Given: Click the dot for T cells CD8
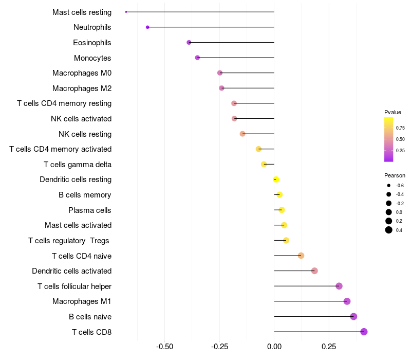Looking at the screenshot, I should [x=364, y=332].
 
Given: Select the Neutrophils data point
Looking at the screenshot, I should [x=147, y=27].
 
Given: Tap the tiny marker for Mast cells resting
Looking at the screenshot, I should [x=126, y=12].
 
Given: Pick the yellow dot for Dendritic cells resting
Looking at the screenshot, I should [x=276, y=179].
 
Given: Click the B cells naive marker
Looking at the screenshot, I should [x=353, y=316].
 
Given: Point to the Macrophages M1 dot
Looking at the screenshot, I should [x=347, y=301].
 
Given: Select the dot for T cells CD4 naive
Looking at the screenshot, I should [x=301, y=256].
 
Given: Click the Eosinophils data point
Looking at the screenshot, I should [x=189, y=42].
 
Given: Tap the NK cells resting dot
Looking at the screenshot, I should [x=242, y=134].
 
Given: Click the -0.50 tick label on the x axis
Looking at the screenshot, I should [x=164, y=347].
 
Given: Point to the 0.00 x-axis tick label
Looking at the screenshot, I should [x=274, y=347].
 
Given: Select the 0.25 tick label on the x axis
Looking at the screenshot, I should [x=329, y=347].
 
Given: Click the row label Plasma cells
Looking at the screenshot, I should [x=90, y=210].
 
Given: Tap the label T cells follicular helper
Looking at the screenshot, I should [x=74, y=286].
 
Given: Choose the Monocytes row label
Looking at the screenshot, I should [x=92, y=58].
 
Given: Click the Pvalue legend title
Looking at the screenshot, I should [x=393, y=112].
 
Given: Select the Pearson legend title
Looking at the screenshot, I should [x=395, y=175].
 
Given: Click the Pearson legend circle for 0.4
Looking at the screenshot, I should [x=389, y=230].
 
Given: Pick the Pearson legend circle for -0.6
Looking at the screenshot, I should [x=389, y=185].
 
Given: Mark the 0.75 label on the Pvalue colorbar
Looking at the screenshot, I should [x=400, y=128].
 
